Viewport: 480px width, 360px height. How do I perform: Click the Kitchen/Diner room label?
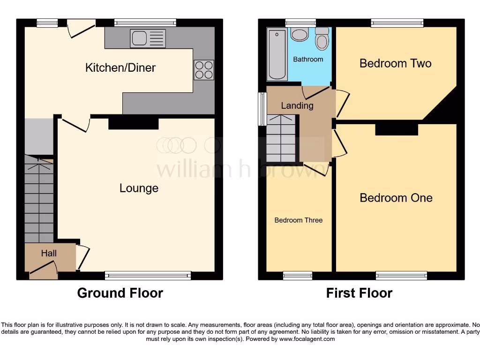coord(120,67)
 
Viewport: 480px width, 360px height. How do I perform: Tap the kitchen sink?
coord(148,38)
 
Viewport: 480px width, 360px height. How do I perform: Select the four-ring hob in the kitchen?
coord(204,70)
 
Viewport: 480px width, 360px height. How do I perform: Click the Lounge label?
coord(139,188)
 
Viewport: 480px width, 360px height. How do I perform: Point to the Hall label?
coord(49,254)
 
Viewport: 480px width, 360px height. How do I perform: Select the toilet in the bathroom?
coord(322,39)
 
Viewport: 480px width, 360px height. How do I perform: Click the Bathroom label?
coord(308,60)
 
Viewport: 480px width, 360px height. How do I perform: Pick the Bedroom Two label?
coord(395,63)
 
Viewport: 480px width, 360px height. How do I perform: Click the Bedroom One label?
coord(396,198)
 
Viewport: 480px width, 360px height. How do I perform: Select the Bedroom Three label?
coord(298,220)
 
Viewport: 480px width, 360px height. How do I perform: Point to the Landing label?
coord(297,105)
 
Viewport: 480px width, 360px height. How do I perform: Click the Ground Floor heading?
coord(120,293)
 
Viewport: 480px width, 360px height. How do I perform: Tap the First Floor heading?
coord(359,293)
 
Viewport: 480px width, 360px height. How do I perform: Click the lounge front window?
coord(148,276)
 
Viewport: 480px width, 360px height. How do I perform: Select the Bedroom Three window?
coord(298,276)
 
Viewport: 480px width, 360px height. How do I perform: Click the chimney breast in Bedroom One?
coord(397,129)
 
